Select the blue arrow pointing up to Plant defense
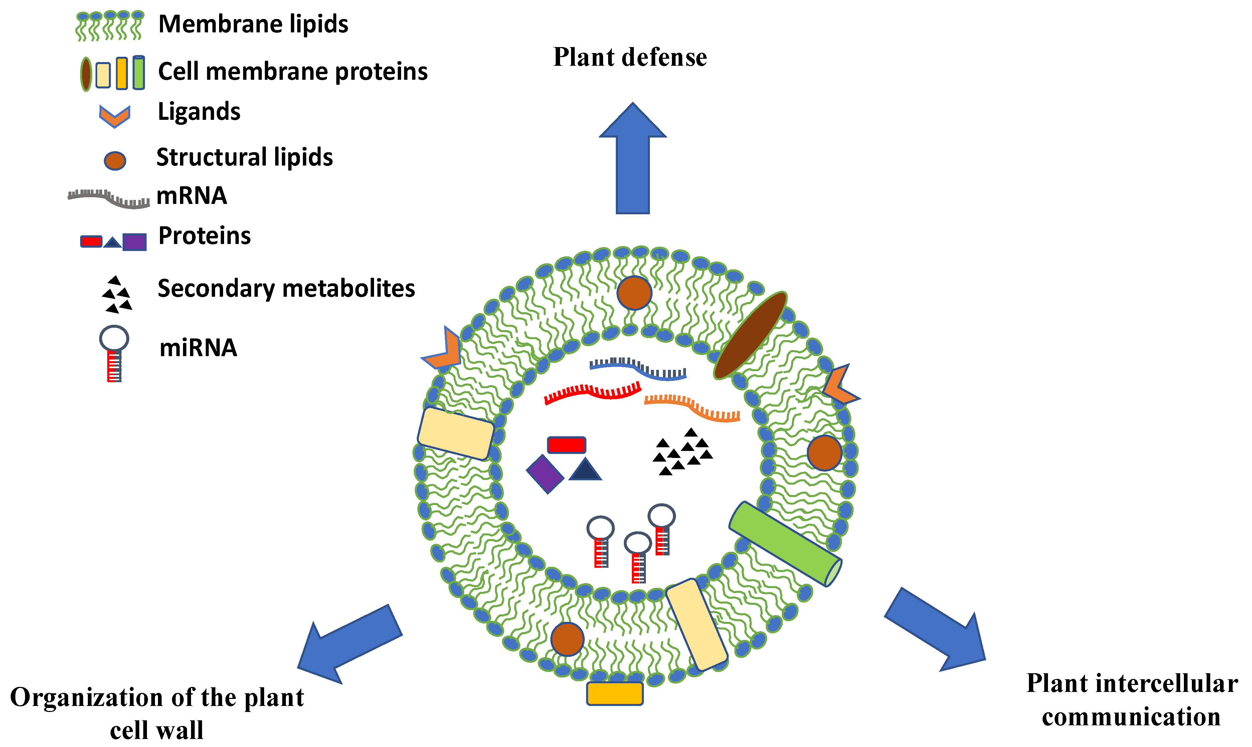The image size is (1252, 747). tap(633, 161)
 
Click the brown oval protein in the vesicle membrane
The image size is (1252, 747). tap(750, 335)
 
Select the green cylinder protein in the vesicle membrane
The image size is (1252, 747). tap(785, 544)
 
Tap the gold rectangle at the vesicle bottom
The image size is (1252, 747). tap(614, 693)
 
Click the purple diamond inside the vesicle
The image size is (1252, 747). tap(545, 474)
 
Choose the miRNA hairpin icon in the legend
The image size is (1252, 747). tap(114, 353)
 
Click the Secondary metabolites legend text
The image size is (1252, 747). tap(286, 288)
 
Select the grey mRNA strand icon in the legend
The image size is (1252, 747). tap(109, 198)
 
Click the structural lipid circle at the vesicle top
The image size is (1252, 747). tap(634, 292)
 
